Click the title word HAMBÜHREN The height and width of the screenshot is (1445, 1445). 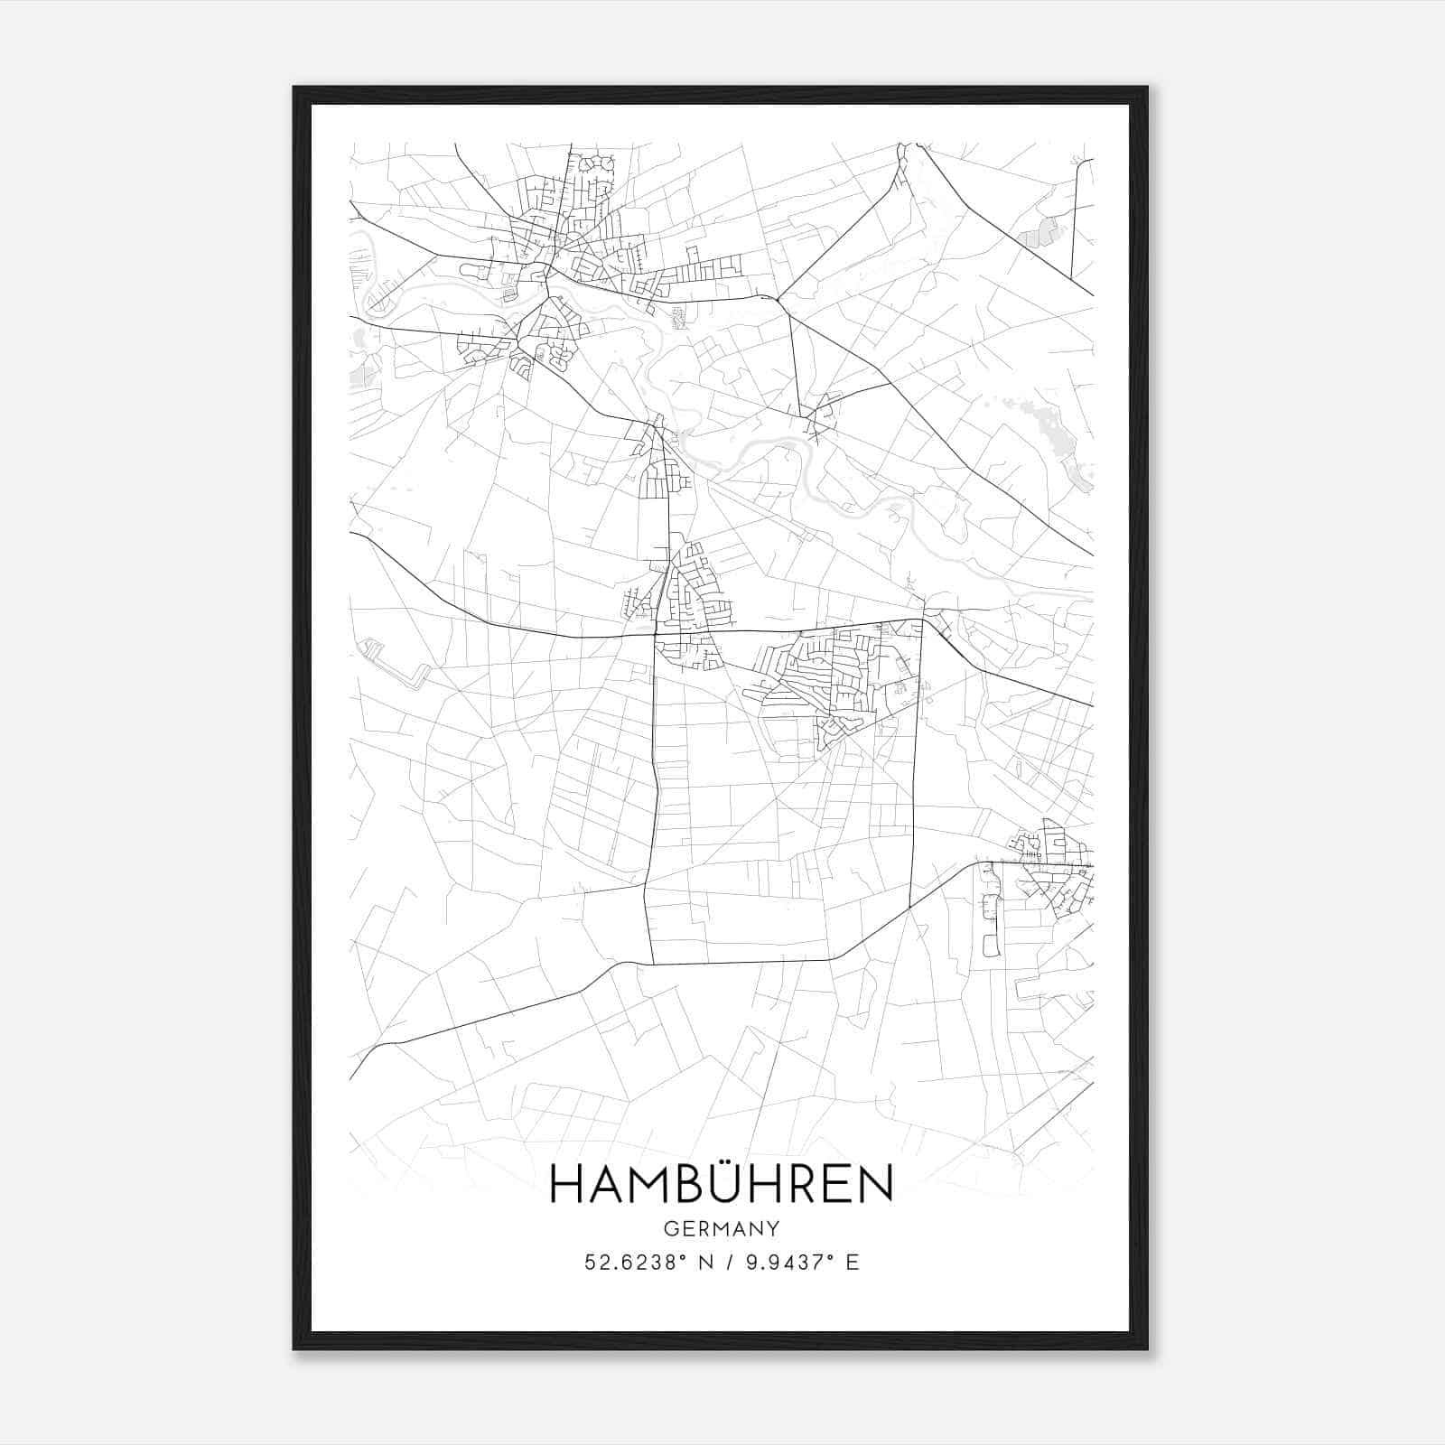[721, 1184]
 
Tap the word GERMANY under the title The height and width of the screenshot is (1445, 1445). [721, 1228]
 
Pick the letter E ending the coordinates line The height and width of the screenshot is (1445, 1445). [853, 1262]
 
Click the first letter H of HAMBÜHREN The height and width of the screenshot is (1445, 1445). [566, 1185]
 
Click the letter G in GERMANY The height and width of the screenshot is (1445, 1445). [669, 1228]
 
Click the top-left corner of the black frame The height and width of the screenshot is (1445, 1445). [295, 89]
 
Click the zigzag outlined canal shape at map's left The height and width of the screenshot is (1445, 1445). [395, 664]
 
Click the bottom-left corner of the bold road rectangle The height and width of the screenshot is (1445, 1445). [652, 964]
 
